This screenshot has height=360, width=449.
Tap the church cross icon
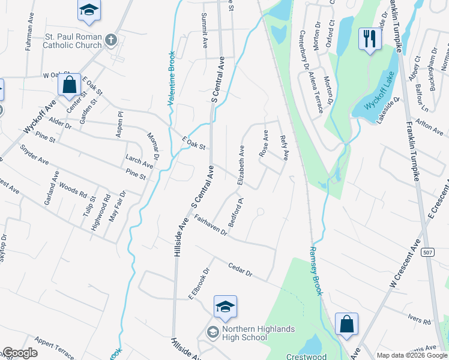pos(110,40)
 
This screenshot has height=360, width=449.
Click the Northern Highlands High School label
pos(258,333)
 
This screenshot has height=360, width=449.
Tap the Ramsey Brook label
pos(316,270)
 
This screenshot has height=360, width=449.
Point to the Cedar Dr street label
pos(240,269)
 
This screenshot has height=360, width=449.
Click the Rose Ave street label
pos(263,144)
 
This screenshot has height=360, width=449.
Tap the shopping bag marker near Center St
pos(70,85)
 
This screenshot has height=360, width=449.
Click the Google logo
pos(20,353)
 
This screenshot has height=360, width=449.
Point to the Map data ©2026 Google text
pos(412,355)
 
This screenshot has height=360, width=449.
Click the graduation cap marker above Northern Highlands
pos(225,307)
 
